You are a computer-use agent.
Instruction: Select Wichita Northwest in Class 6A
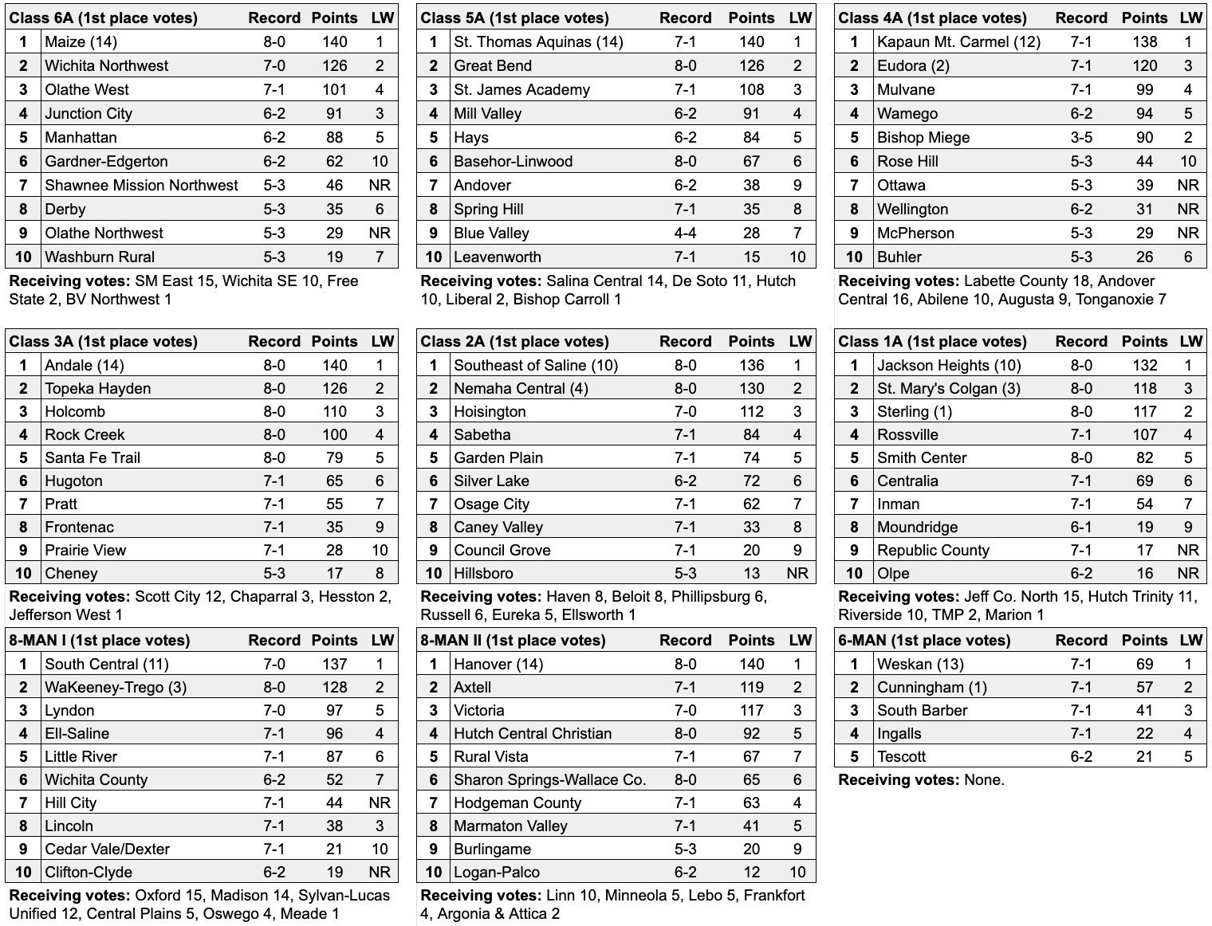point(106,66)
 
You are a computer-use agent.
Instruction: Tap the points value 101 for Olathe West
point(334,90)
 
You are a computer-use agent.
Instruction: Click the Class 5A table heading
point(514,18)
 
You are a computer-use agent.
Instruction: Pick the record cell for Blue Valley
point(685,233)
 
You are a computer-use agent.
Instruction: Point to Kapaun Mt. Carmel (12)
point(958,42)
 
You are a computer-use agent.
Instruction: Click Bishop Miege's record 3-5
point(1081,138)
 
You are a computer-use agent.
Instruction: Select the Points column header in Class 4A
point(1144,18)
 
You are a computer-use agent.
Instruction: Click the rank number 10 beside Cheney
point(23,574)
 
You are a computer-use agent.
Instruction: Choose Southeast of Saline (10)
point(536,366)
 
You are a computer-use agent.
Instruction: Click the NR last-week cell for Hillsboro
point(797,574)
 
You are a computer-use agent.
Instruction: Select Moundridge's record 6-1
point(1081,528)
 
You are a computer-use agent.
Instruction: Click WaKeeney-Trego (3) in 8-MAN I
point(116,688)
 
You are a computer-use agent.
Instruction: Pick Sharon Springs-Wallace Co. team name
point(549,780)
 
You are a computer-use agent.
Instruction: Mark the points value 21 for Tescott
point(1144,757)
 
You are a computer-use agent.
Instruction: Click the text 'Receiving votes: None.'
point(921,780)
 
